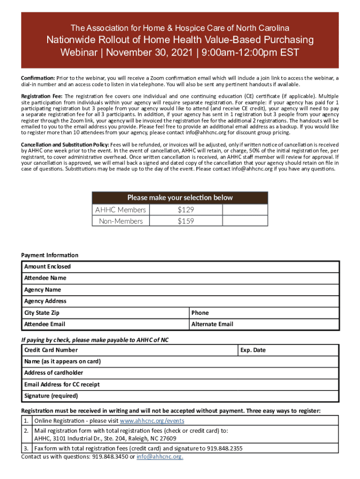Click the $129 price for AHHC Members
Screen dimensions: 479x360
(186, 210)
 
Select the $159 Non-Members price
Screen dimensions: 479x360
(186, 221)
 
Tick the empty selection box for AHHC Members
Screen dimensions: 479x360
(245, 210)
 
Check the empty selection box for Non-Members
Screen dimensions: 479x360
(245, 221)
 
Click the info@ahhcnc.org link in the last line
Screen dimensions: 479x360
(159, 457)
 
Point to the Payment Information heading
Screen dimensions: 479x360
(50, 255)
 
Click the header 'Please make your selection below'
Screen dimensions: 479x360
(180, 197)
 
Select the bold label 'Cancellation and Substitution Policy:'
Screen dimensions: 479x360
(65, 144)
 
